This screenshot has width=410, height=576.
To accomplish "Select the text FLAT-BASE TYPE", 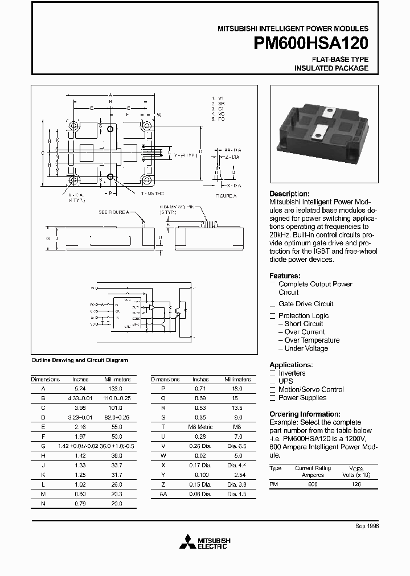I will point(340,59).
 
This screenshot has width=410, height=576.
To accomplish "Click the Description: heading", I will point(289,194).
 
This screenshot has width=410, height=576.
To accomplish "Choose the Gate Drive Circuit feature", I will point(306,304).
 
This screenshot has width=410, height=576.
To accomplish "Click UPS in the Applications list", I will point(285,381).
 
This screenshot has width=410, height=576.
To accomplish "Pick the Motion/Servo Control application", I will point(311,389).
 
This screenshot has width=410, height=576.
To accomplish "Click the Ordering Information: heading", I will point(305,414).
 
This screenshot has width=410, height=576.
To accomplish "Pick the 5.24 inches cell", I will point(80,388).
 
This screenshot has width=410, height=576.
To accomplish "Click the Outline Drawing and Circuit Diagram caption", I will point(79,360).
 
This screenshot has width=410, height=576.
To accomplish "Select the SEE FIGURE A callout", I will point(113,212).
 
